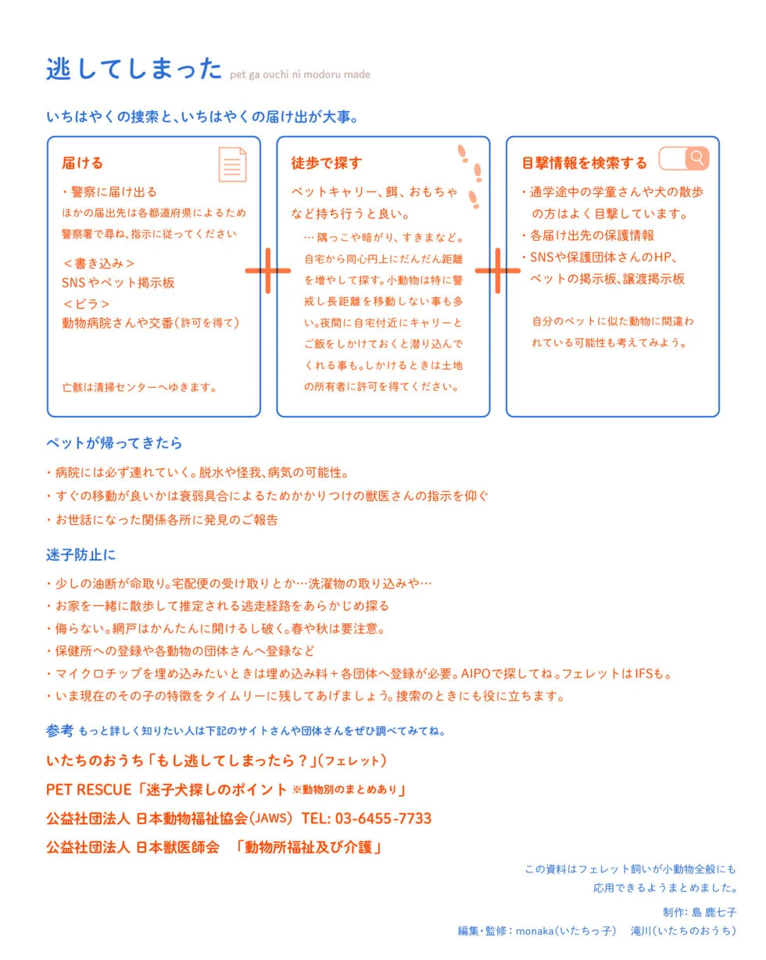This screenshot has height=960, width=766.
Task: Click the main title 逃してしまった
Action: [134, 69]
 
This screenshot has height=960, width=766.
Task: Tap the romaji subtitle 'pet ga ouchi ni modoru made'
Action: [300, 75]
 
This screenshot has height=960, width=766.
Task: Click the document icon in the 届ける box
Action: [232, 164]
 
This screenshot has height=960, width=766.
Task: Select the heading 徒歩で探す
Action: [327, 163]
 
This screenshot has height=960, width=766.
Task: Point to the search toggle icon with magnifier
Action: [684, 159]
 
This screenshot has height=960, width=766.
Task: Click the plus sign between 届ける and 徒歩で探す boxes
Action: [268, 270]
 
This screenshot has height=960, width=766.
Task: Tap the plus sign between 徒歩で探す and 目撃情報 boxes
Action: [497, 270]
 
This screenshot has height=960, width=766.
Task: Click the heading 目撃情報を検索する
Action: [585, 163]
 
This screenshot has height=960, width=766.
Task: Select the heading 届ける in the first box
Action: [82, 163]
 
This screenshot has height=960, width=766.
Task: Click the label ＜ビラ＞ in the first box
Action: [86, 303]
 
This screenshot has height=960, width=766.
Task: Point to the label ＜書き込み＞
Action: [98, 263]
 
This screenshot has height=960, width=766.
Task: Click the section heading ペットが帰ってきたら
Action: [114, 443]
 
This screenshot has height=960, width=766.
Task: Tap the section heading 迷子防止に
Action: [81, 555]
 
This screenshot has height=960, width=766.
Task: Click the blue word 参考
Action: [59, 731]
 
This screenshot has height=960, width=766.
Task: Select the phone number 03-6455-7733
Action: [383, 819]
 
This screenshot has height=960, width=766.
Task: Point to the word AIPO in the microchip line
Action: [476, 673]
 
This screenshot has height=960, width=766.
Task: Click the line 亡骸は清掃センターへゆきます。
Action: [139, 387]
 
